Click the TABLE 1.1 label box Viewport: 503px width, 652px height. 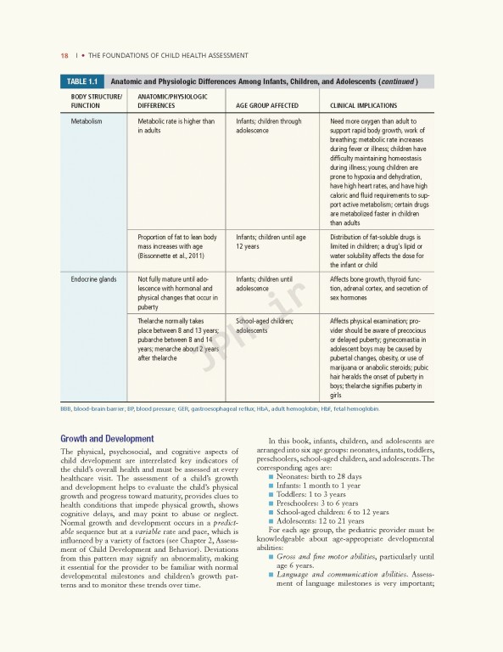point(82,81)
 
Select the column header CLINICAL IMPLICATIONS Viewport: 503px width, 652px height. point(363,105)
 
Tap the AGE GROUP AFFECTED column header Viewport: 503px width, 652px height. point(267,105)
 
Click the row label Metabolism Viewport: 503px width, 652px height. point(87,121)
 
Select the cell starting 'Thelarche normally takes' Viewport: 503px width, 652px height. point(178,337)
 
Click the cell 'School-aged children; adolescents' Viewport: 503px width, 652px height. point(265,325)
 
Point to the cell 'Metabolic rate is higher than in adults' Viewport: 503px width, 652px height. point(176,126)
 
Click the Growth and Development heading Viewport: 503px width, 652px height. point(107,439)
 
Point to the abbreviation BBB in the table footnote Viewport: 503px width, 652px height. point(65,409)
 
